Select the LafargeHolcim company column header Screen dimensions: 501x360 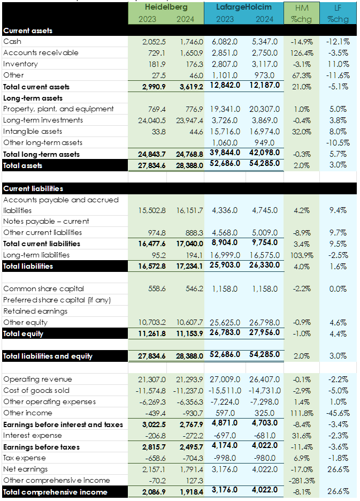point(244,7)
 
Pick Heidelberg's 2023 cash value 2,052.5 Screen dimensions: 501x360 point(154,41)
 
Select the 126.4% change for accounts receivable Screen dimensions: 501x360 point(302,52)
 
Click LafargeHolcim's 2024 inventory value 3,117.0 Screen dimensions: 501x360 point(265,64)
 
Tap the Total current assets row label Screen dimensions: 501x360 point(36,87)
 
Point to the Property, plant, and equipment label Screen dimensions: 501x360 point(58,109)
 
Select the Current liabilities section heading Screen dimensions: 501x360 point(33,188)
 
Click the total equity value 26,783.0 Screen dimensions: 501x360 point(227,333)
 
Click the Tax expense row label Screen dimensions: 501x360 point(25,458)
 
